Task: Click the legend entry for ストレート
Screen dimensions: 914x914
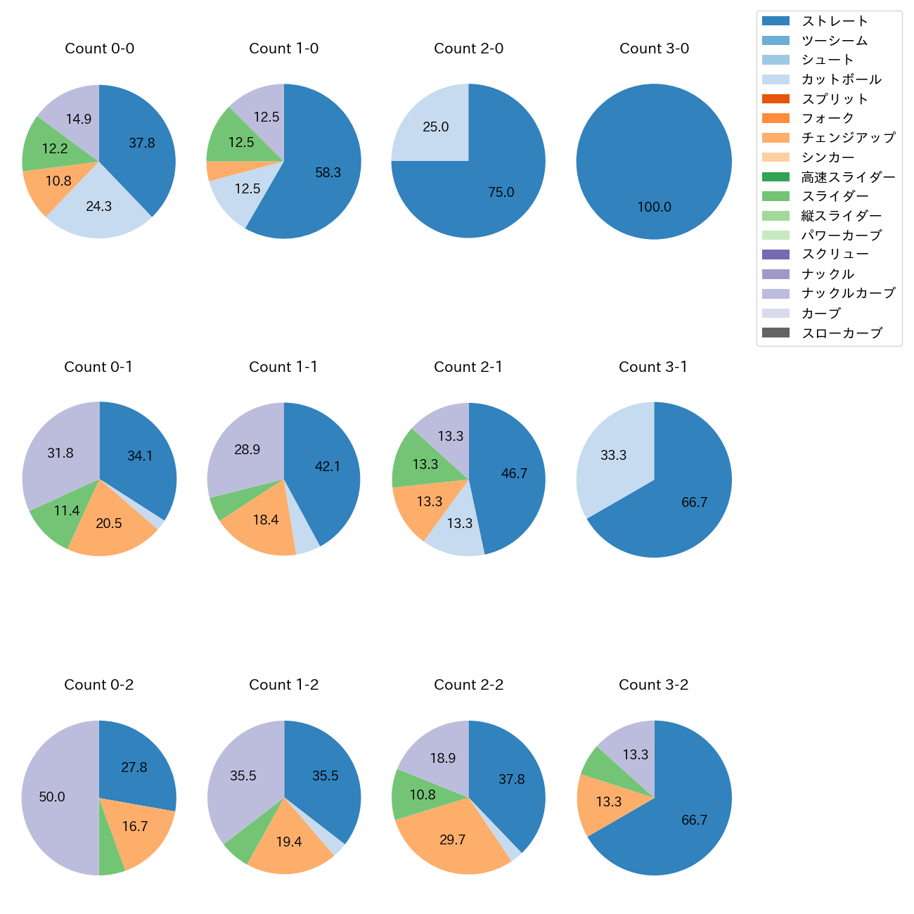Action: coord(835,21)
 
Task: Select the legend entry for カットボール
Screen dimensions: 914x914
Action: coord(841,79)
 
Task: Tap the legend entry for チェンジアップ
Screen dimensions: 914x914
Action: coord(848,138)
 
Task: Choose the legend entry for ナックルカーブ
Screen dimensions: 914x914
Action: coord(848,293)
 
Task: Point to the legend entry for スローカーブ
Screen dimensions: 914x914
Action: coord(842,333)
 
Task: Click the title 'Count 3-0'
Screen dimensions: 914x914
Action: coord(654,49)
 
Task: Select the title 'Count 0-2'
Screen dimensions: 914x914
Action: coord(99,685)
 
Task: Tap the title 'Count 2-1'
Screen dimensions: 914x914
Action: coord(468,367)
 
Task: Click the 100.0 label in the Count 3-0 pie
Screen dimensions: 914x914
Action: coord(654,207)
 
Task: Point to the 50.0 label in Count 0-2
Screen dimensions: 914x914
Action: coord(52,797)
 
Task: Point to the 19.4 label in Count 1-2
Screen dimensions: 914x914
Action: coord(289,842)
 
